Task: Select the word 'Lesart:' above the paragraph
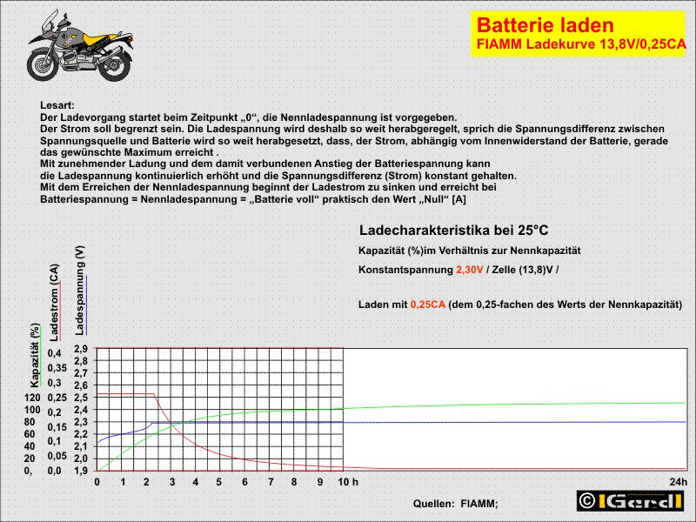(x=58, y=104)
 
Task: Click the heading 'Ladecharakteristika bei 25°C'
(x=453, y=230)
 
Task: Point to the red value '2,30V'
(x=471, y=270)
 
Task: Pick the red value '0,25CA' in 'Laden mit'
(x=428, y=304)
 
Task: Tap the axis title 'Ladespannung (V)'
(x=80, y=290)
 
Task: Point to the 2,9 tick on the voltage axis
(x=80, y=349)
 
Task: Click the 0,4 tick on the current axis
(x=55, y=353)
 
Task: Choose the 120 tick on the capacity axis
(x=32, y=398)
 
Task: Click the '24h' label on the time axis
(x=679, y=482)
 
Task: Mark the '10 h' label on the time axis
(x=348, y=482)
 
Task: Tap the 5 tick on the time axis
(x=221, y=482)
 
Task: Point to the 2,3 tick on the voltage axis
(x=80, y=422)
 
